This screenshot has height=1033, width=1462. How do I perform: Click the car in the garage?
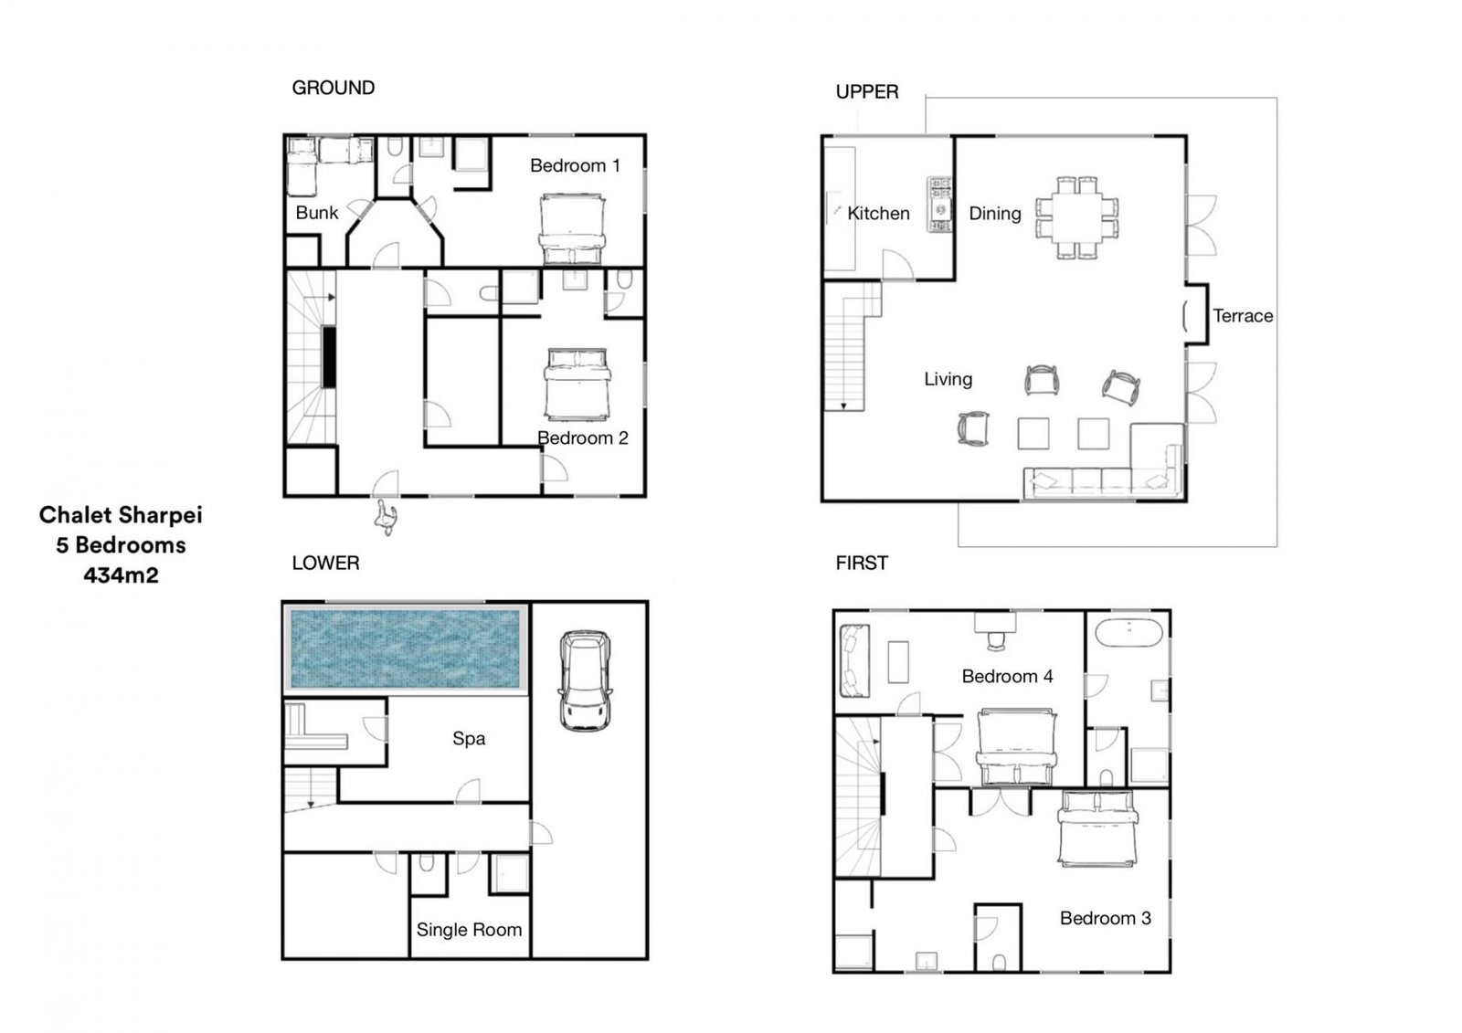pyautogui.click(x=585, y=680)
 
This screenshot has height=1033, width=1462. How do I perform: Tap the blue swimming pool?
pyautogui.click(x=406, y=648)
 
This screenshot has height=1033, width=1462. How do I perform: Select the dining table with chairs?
pyautogui.click(x=1077, y=218)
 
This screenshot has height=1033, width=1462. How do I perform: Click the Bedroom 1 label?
pyautogui.click(x=575, y=165)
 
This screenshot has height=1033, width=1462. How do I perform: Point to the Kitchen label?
pyautogui.click(x=878, y=214)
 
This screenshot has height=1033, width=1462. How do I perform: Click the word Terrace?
pyautogui.click(x=1243, y=316)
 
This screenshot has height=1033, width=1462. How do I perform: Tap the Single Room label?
pyautogui.click(x=469, y=929)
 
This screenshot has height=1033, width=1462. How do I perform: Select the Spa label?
pyautogui.click(x=469, y=739)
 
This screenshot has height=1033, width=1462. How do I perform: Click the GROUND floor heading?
pyautogui.click(x=333, y=88)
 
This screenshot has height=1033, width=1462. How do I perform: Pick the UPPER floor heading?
pyautogui.click(x=867, y=91)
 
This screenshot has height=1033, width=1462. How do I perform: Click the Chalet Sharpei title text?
pyautogui.click(x=121, y=515)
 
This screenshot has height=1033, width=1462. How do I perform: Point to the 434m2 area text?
pyautogui.click(x=121, y=574)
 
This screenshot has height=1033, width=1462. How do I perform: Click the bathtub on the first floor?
pyautogui.click(x=1128, y=632)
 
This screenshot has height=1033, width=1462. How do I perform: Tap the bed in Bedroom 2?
pyautogui.click(x=577, y=385)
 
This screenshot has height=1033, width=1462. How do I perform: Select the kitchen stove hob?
pyautogui.click(x=939, y=205)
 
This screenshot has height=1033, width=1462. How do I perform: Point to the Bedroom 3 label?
pyautogui.click(x=1105, y=918)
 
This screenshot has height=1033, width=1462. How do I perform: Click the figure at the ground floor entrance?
pyautogui.click(x=386, y=518)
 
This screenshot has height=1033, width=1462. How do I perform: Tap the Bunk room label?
pyautogui.click(x=316, y=213)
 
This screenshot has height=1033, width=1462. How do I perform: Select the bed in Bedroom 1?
pyautogui.click(x=572, y=229)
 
